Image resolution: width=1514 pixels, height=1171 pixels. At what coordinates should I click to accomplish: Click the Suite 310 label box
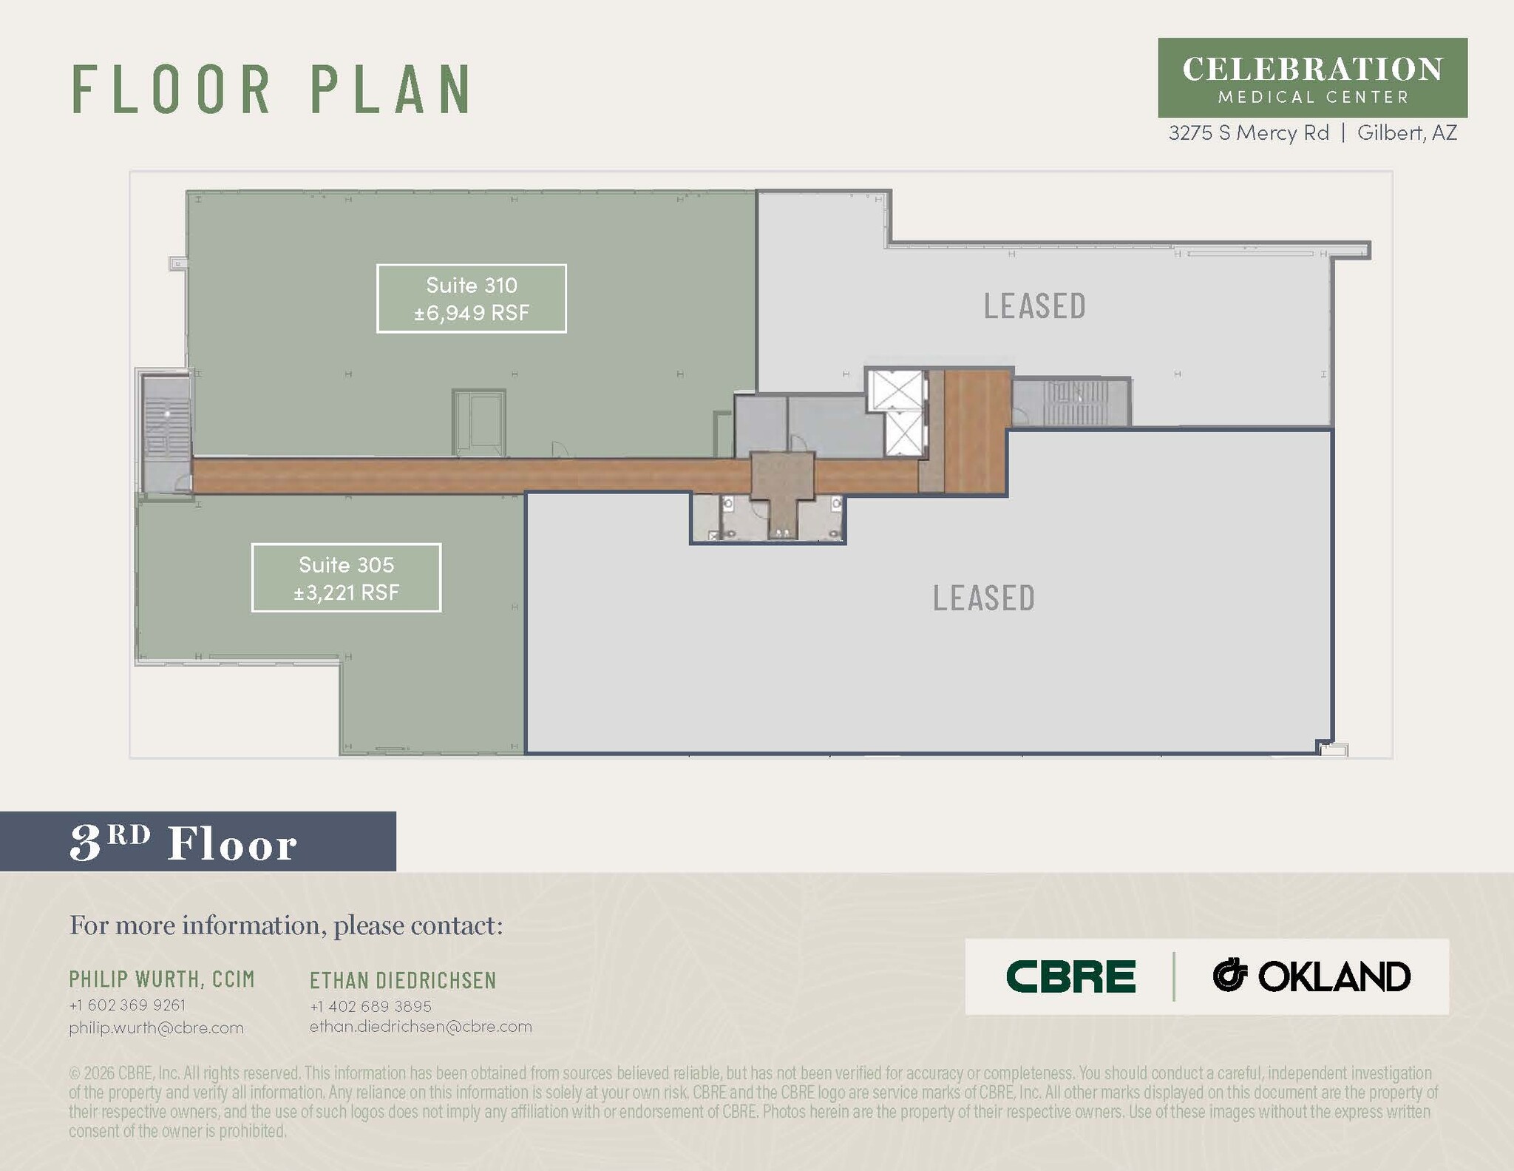[x=472, y=298]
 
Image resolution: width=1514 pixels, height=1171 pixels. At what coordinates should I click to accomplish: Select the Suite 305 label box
[x=346, y=578]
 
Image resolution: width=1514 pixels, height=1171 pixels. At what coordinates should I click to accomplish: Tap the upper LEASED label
[x=1034, y=306]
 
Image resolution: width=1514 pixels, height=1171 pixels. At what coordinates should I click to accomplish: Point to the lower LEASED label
[x=983, y=598]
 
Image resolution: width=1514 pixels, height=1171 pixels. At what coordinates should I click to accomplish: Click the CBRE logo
[x=1070, y=976]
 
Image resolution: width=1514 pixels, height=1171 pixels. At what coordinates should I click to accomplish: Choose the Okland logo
[x=1311, y=976]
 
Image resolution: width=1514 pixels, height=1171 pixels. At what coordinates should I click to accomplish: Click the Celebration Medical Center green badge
[x=1312, y=78]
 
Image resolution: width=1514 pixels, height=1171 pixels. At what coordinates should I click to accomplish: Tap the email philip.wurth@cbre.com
[x=156, y=1027]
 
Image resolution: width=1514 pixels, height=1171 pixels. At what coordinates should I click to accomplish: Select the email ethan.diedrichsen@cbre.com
[x=421, y=1027]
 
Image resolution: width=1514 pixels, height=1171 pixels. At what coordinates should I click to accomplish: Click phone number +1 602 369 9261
[x=127, y=1005]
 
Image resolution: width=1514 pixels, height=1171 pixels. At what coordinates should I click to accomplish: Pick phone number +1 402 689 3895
[x=370, y=1006]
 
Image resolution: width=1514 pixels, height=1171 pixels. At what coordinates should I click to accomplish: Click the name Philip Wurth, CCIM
[x=162, y=979]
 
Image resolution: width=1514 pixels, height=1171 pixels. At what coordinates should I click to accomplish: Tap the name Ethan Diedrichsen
[x=403, y=981]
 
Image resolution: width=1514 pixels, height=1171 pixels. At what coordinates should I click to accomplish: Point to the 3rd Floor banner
[x=197, y=841]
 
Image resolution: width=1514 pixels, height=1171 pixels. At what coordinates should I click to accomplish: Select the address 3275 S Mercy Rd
[x=1249, y=132]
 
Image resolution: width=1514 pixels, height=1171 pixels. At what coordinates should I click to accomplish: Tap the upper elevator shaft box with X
[x=895, y=389]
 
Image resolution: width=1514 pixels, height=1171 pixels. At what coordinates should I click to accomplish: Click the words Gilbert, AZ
[x=1407, y=132]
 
